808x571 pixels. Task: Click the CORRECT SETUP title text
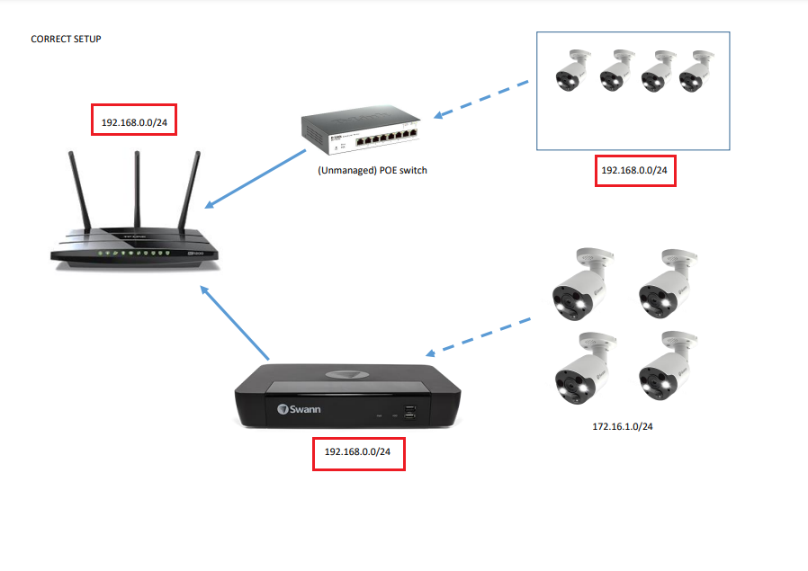click(65, 40)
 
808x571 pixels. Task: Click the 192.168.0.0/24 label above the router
click(134, 121)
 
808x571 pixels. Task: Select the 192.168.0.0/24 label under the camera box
click(636, 170)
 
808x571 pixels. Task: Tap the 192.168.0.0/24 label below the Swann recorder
click(358, 452)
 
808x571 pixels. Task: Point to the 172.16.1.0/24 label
click(622, 425)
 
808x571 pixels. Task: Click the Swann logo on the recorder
click(298, 408)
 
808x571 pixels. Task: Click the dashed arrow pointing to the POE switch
click(481, 100)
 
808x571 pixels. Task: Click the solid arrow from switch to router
click(255, 178)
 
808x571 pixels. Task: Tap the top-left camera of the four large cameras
click(579, 284)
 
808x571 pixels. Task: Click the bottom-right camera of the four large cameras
click(664, 368)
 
